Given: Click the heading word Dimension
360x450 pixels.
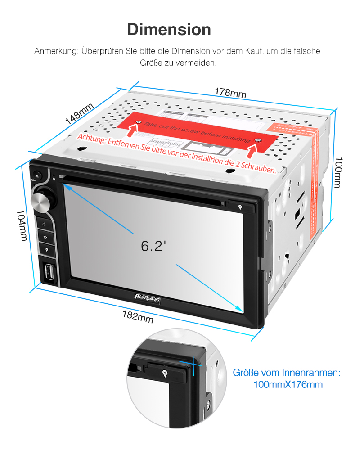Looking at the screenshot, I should [x=169, y=30].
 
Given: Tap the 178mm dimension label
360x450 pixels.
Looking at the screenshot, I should [x=230, y=92].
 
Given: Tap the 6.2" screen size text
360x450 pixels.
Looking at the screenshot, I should [x=154, y=246].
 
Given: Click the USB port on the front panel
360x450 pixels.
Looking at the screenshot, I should [x=49, y=272].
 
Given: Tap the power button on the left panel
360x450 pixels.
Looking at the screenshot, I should [x=44, y=224].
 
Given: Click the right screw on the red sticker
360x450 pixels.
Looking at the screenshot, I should [x=258, y=141].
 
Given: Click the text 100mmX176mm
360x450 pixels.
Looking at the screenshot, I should [x=288, y=385].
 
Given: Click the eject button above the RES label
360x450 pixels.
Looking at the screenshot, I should [x=37, y=175].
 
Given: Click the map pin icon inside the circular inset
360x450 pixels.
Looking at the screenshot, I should [x=166, y=373].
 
